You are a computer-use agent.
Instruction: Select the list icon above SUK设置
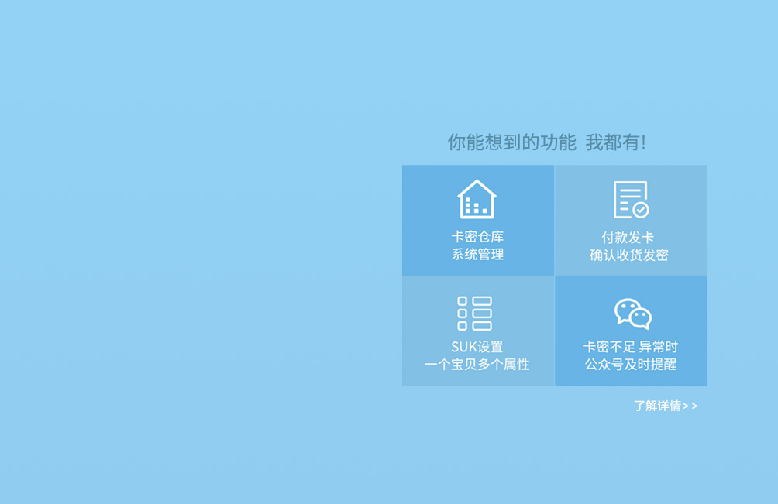coord(475,314)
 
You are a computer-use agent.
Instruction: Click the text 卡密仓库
coord(477,237)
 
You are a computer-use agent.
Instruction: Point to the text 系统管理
coord(477,255)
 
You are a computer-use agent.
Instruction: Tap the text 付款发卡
coord(628,238)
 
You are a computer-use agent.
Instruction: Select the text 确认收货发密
coord(629,255)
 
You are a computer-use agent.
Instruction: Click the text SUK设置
coord(477,347)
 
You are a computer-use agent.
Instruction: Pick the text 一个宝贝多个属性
coord(477,365)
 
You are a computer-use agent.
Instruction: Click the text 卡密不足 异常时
coord(631,347)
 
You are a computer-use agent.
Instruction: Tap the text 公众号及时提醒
coord(631,365)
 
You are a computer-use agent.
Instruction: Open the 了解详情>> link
coord(666,406)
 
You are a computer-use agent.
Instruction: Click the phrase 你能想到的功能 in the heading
coord(511,142)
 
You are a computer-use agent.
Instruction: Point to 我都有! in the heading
coord(616,142)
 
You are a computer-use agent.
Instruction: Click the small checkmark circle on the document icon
coord(641,210)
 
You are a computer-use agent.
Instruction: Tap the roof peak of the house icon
coord(477,180)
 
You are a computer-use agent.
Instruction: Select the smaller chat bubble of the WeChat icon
coord(640,318)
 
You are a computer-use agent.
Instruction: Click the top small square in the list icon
coord(462,301)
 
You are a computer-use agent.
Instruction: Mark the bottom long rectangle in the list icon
coord(482,326)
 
